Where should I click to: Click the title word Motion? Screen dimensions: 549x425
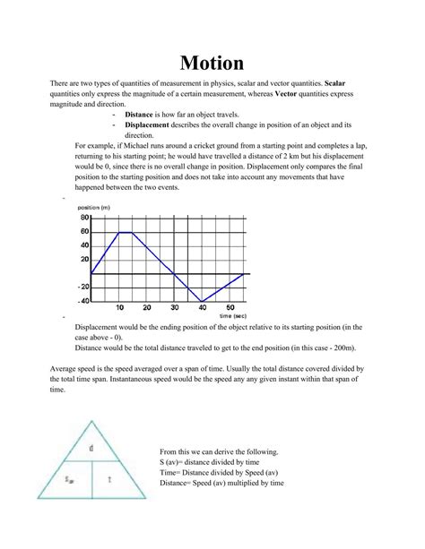click(212, 62)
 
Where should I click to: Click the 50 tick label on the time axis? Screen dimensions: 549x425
click(229, 307)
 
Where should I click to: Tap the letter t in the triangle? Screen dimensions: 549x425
click(108, 480)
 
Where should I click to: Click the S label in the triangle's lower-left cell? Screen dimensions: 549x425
click(67, 481)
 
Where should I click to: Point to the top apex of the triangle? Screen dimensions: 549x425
click(91, 419)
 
